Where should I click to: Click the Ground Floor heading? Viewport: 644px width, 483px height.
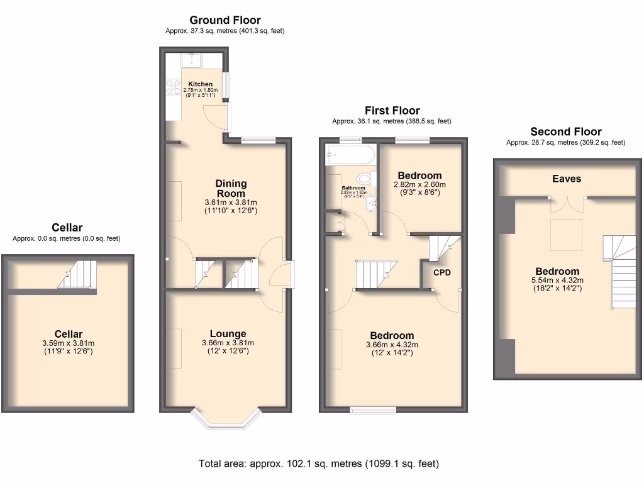click(225, 20)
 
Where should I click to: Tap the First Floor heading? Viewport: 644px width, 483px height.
click(392, 111)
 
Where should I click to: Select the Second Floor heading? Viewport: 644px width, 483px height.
click(566, 131)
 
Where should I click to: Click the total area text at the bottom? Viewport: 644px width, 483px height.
click(319, 464)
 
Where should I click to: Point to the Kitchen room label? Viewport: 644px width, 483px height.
click(201, 84)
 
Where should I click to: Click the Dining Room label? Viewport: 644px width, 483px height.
click(231, 188)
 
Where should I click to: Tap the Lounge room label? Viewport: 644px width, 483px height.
click(228, 334)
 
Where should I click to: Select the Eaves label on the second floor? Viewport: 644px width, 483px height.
click(567, 179)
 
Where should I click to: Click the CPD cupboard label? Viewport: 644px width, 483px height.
click(442, 272)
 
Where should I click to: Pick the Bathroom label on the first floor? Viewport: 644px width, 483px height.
click(353, 188)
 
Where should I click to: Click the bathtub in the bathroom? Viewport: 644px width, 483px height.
click(350, 155)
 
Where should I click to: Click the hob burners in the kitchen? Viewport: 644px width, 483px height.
click(174, 87)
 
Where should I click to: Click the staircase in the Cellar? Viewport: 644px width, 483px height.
click(77, 274)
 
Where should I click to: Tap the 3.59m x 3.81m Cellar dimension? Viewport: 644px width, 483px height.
click(68, 343)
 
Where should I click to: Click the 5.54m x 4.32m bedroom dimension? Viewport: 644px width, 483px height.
click(557, 280)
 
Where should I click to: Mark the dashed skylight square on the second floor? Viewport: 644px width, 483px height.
click(567, 235)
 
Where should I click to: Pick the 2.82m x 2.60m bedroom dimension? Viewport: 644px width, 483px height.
click(419, 184)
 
